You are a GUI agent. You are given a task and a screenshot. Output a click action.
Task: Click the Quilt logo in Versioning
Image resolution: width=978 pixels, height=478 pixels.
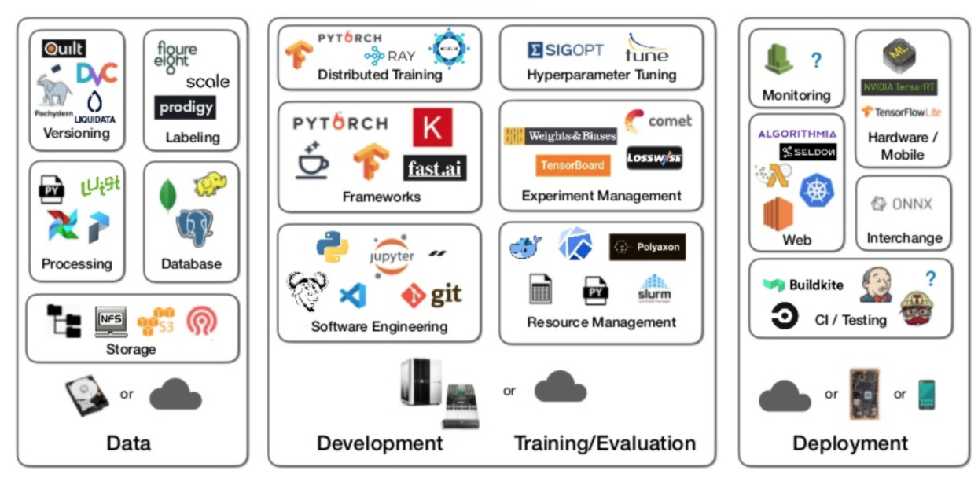pos(64,49)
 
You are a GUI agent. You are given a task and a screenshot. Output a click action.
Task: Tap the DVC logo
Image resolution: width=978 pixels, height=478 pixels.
pos(97,74)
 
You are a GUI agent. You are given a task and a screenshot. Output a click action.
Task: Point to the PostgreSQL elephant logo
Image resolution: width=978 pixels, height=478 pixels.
pos(194,228)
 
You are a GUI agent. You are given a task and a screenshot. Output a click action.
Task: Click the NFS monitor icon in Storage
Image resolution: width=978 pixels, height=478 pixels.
pos(111,321)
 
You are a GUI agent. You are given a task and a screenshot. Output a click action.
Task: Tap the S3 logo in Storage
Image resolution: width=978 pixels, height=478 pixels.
pos(156,322)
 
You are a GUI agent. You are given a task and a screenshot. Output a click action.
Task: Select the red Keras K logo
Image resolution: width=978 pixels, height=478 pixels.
pos(432,127)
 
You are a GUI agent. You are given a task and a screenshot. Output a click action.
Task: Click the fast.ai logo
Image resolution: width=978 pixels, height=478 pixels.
pos(435,167)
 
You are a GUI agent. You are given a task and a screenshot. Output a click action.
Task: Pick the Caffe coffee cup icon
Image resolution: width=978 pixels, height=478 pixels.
pos(312,160)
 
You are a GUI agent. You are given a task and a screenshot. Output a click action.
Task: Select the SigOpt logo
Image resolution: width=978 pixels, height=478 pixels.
pos(565,50)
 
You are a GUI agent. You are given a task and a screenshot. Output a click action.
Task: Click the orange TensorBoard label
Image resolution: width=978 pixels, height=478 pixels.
pos(572,165)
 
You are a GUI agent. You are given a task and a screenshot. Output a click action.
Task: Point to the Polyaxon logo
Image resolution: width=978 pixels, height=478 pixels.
pos(647,247)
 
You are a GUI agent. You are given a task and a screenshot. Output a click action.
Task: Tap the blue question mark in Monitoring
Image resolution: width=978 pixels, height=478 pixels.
pos(816,60)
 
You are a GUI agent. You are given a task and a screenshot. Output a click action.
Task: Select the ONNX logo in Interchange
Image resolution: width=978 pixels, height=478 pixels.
pos(902,204)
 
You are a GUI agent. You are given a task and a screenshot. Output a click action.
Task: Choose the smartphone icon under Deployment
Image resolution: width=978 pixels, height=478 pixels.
pos(926,395)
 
